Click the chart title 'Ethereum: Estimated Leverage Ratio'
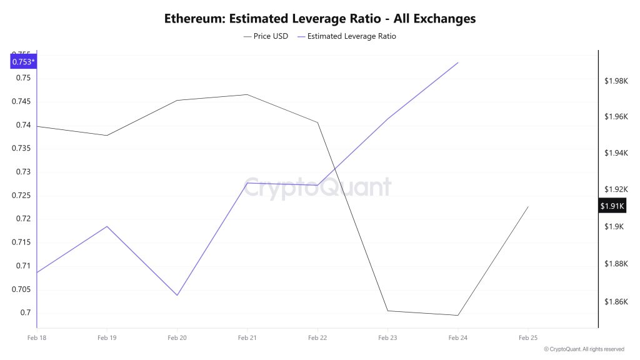319,19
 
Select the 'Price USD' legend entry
266,36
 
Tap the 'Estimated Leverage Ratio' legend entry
347,36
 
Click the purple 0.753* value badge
23,61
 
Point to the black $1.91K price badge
612,206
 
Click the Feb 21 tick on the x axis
247,337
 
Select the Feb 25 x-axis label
528,337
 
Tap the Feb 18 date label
37,337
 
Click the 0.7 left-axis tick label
26,312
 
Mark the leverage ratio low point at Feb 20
177,295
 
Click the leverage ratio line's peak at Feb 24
458,62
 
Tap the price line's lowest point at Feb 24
458,315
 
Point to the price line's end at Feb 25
528,207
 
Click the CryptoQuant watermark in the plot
317,187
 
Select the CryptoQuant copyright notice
584,349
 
